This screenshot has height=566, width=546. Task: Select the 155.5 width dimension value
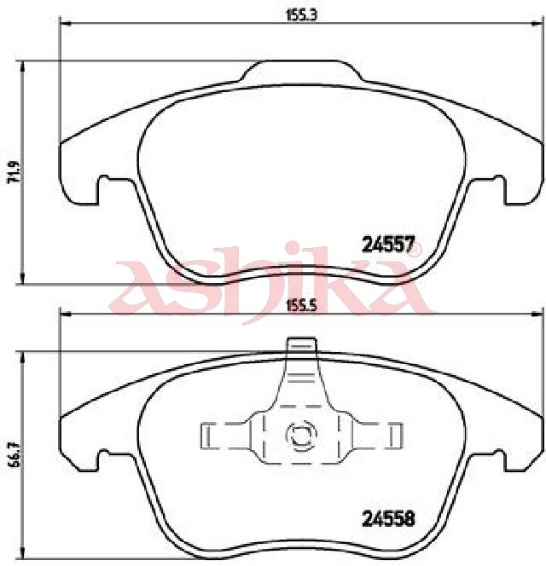coord(301,306)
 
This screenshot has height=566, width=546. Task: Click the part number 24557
coord(388,245)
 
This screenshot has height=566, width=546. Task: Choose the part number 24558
coord(388,519)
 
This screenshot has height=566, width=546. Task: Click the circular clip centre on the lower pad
coord(301,436)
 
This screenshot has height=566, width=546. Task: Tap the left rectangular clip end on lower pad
coord(206,436)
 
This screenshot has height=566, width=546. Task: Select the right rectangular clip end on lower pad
coord(397,436)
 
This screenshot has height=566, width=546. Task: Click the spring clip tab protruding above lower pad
coord(301,344)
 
